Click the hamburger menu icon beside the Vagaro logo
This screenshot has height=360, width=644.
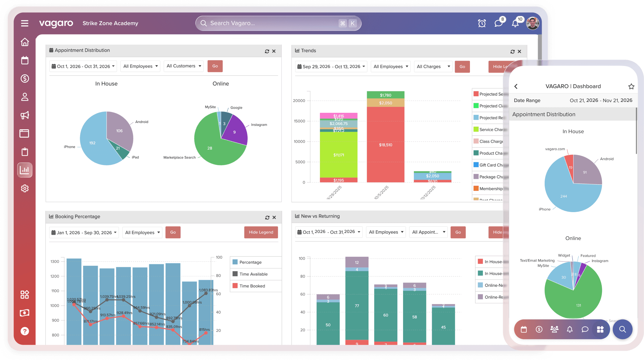25,23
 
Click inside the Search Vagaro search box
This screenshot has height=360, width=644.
270,23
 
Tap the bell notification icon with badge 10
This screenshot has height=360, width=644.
515,23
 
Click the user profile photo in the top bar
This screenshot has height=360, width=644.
533,23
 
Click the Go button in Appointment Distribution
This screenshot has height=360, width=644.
215,66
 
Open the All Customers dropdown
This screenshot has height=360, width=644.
184,66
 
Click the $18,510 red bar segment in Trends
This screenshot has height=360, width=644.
385,145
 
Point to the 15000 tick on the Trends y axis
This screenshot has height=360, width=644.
299,121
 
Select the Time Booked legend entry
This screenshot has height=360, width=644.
252,286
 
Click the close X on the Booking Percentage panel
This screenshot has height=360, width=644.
274,217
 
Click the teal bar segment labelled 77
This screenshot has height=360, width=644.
357,306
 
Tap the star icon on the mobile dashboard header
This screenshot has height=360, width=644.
631,86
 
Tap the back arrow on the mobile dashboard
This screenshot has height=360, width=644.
516,86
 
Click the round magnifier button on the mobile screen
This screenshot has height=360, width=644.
622,329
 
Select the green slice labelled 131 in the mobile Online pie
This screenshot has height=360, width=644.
579,303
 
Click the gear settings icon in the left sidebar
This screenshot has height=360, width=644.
25,188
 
